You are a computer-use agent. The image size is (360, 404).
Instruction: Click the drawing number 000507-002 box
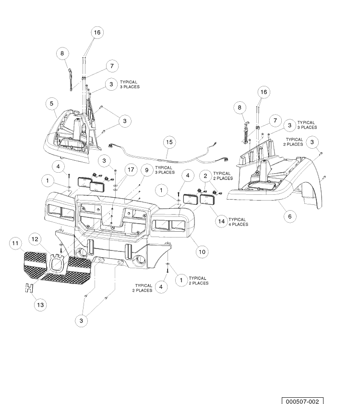(x=302, y=401)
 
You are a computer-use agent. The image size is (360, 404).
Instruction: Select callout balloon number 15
(x=169, y=142)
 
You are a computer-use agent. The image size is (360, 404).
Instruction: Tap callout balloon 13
(x=40, y=305)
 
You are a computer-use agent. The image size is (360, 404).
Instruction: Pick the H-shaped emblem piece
(x=29, y=288)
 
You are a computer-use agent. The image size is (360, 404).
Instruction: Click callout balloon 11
(x=15, y=243)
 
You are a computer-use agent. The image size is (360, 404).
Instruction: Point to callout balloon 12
(x=35, y=239)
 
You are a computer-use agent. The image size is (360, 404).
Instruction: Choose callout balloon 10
(x=202, y=252)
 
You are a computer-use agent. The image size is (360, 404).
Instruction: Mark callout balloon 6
(x=289, y=216)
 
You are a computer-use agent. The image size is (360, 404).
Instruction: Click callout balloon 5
(x=51, y=104)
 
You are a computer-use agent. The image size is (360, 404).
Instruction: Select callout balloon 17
(x=131, y=169)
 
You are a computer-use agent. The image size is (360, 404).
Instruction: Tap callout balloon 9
(x=147, y=170)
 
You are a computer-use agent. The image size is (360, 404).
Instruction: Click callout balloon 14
(x=222, y=221)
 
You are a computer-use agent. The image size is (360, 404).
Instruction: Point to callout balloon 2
(x=205, y=176)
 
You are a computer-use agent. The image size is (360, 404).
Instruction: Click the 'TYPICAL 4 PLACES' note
(x=239, y=222)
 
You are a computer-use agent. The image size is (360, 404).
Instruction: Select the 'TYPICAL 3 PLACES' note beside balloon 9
(x=165, y=170)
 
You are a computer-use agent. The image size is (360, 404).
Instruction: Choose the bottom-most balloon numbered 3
(x=82, y=321)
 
